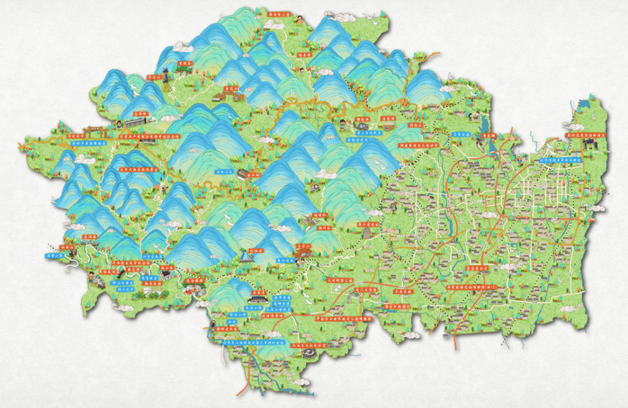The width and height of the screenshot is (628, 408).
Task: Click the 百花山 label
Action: [x=154, y=76]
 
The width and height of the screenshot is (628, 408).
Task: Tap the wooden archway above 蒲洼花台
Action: [x=92, y=130]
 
